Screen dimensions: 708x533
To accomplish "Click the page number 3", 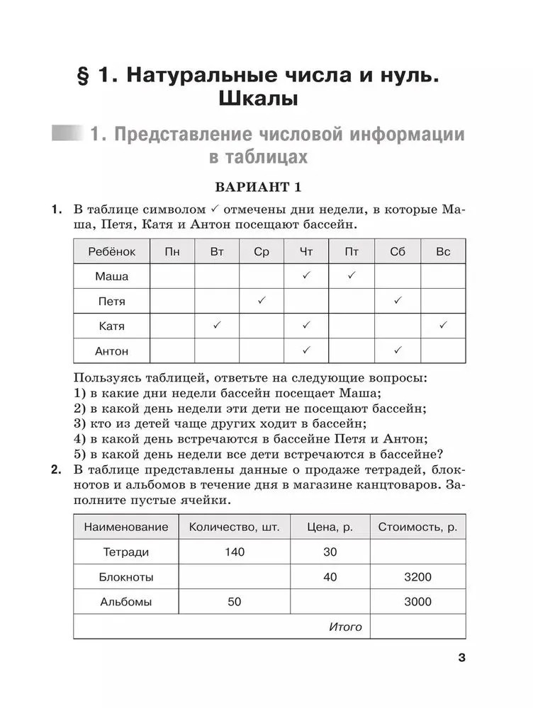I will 461,658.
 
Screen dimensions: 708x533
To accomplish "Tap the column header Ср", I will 262,252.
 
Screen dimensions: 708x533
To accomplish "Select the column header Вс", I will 443,252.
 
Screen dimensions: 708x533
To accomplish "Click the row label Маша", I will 112,276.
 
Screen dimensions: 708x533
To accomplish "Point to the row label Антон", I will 112,350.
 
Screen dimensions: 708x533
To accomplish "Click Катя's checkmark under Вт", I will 217,325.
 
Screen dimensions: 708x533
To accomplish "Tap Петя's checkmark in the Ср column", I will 262,300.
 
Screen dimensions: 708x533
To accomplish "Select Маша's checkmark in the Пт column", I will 352,275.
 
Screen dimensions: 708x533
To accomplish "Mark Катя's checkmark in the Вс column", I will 443,325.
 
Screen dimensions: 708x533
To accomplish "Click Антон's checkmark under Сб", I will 398,350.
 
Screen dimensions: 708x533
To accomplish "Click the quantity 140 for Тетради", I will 235,552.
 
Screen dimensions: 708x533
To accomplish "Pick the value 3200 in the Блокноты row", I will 417,577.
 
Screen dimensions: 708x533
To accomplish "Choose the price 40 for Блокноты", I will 330,577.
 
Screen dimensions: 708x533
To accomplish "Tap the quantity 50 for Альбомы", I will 235,602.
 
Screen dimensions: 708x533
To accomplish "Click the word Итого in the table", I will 346,627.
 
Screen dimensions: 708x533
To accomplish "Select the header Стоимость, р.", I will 417,527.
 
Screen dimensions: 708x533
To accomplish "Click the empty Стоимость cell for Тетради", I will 417,552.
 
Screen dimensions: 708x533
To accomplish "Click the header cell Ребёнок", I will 112,252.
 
